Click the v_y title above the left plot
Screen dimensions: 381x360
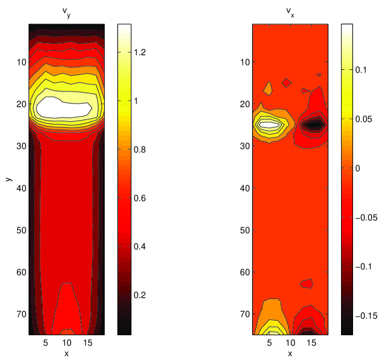[x=66, y=13]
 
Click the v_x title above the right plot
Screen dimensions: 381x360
[x=290, y=13]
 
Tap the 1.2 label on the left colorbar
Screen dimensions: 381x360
[x=140, y=52]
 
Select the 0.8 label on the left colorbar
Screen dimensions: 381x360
[x=140, y=149]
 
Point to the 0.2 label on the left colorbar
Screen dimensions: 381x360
[x=140, y=295]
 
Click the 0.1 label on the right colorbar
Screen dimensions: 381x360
[x=361, y=70]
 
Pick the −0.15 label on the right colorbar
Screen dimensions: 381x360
[x=366, y=316]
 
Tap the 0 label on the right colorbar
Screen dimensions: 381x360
[x=358, y=168]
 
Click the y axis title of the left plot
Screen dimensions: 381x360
[x=9, y=179]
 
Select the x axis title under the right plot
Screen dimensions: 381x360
[x=290, y=354]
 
